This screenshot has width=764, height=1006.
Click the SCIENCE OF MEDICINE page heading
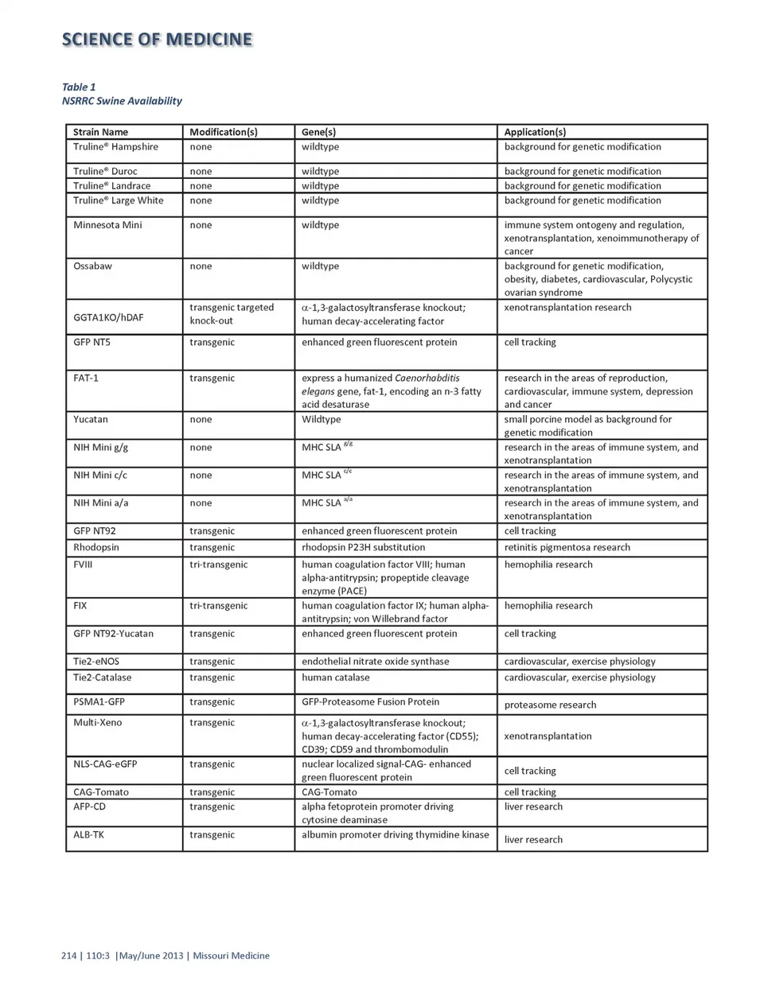[x=157, y=40]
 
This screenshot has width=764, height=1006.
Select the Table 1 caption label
[x=79, y=87]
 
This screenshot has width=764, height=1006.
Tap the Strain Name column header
[x=100, y=132]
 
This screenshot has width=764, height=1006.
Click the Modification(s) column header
[x=223, y=132]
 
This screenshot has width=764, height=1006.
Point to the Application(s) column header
[x=535, y=132]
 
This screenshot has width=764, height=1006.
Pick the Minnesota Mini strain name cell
[x=107, y=225]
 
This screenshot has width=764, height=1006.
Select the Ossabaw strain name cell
[x=92, y=266]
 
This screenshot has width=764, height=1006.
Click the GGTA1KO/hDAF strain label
[x=108, y=317]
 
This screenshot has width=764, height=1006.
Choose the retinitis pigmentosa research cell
[x=567, y=547]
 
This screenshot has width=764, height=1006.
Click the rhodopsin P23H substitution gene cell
[x=363, y=547]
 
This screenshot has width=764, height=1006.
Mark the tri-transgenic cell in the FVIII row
[x=218, y=565]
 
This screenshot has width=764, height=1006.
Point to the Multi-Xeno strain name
[x=98, y=722]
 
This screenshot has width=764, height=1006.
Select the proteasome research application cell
[x=550, y=705]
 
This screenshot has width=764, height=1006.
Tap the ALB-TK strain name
[x=88, y=834]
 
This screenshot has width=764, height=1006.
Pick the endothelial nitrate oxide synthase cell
[x=375, y=661]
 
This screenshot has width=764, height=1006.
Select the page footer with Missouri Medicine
[x=166, y=956]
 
